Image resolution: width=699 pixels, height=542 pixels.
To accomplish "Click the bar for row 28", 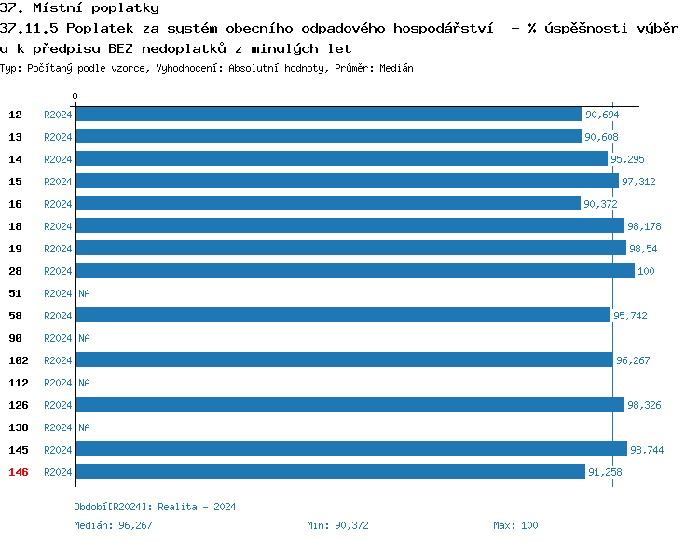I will pyautogui.click(x=354, y=271).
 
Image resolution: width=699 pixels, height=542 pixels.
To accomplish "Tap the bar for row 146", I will pyautogui.click(x=330, y=472).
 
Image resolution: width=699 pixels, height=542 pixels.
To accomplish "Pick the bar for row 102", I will pyautogui.click(x=344, y=360).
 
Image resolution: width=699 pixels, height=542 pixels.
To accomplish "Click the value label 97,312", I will pyautogui.click(x=638, y=182).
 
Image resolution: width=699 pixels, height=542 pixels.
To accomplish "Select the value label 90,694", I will pyautogui.click(x=601, y=115).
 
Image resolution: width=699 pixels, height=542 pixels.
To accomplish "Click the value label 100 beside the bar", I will pyautogui.click(x=646, y=271).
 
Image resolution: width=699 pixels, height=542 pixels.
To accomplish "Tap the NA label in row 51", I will pyautogui.click(x=84, y=293).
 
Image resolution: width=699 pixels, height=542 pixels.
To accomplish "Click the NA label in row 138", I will pyautogui.click(x=84, y=427).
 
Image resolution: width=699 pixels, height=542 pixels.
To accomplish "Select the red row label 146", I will pyautogui.click(x=18, y=472).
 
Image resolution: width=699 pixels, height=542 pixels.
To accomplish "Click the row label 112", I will pyautogui.click(x=18, y=383).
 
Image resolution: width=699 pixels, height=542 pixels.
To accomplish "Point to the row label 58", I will pyautogui.click(x=15, y=316).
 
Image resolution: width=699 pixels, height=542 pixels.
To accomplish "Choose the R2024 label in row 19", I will pyautogui.click(x=58, y=249).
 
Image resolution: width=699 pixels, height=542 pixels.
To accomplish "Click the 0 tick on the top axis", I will pyautogui.click(x=75, y=96).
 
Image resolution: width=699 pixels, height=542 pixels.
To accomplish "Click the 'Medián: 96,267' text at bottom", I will pyautogui.click(x=113, y=525).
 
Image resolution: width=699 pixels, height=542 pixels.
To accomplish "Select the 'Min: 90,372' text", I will pyautogui.click(x=337, y=525).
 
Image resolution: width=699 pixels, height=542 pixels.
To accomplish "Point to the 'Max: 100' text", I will pyautogui.click(x=515, y=525).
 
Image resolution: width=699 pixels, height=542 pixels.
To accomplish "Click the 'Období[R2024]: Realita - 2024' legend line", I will pyautogui.click(x=155, y=507).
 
